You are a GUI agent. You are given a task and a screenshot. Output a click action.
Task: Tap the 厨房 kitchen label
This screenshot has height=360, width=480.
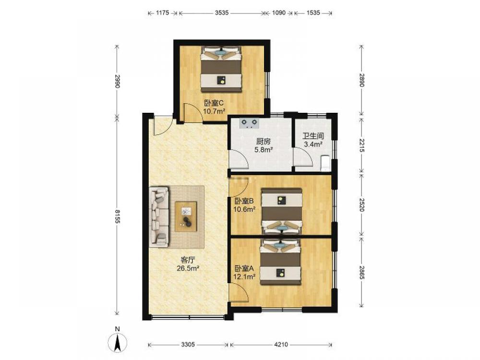(263, 142)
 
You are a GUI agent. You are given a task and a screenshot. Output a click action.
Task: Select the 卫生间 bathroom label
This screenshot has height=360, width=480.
(313, 136)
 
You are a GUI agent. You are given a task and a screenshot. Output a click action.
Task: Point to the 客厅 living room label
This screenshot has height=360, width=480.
(188, 260)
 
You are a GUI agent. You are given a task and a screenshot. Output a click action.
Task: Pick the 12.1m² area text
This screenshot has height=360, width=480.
(245, 277)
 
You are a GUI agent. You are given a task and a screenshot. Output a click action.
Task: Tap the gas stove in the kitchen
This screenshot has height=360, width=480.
(249, 123)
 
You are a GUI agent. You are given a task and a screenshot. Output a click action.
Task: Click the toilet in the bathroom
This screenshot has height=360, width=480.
(324, 163)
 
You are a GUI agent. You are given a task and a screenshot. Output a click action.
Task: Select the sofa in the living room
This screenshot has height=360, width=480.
(159, 217)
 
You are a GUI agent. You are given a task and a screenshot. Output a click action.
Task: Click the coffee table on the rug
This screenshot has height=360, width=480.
(186, 216)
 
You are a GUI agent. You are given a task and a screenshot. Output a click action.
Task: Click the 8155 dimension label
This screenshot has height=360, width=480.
(117, 216)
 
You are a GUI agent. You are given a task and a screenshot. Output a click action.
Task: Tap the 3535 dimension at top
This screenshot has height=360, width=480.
(222, 13)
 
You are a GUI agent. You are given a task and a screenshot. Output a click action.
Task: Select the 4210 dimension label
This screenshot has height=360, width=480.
(281, 345)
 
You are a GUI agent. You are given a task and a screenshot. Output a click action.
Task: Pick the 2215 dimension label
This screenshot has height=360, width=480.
(361, 145)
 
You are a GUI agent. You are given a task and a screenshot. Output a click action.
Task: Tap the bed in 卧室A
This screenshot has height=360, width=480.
(280, 263)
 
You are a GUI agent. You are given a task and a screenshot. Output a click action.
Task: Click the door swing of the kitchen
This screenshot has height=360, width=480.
(239, 159)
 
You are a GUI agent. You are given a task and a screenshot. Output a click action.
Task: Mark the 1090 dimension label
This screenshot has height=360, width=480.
(278, 13)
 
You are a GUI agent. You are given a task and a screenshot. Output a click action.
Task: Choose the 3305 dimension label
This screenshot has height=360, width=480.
(188, 345)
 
